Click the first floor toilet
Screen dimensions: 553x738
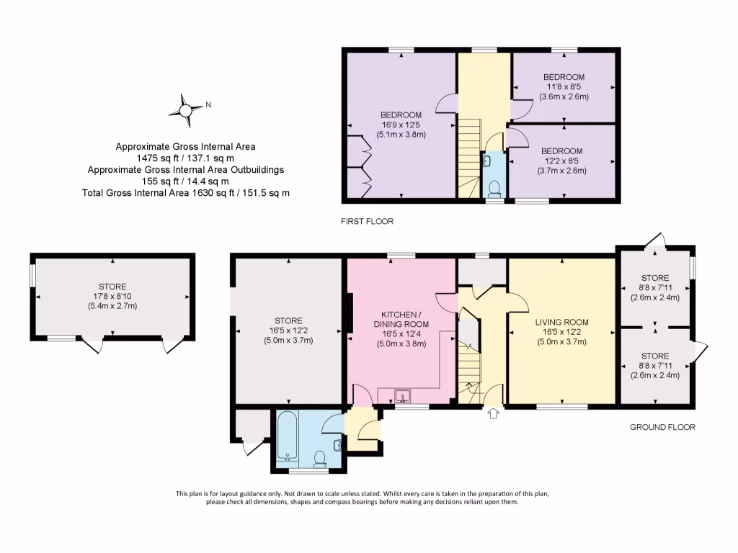pyautogui.click(x=494, y=188)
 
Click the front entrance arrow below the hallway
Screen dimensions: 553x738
pyautogui.click(x=493, y=413)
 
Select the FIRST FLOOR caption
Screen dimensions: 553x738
pyautogui.click(x=368, y=222)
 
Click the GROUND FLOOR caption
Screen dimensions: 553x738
pyautogui.click(x=662, y=427)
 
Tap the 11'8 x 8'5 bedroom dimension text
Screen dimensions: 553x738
pyautogui.click(x=564, y=87)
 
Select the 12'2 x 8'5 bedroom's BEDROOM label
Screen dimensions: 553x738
pyautogui.click(x=561, y=150)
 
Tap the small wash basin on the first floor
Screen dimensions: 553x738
pyautogui.click(x=486, y=160)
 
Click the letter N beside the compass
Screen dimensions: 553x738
pyautogui.click(x=208, y=105)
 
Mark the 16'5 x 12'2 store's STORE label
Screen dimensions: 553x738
pyautogui.click(x=288, y=320)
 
